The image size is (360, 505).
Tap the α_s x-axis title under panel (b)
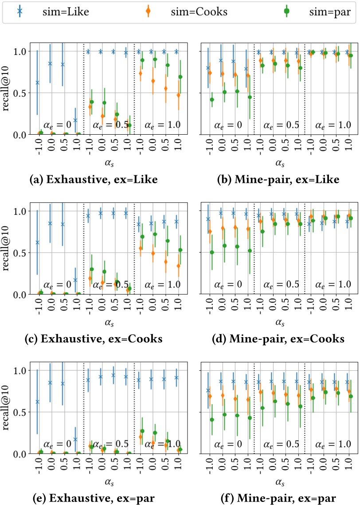pyautogui.click(x=279, y=163)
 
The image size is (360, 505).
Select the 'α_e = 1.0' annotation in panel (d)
pyautogui.click(x=333, y=284)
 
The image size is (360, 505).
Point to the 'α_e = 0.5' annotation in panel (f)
pyautogui.click(x=282, y=444)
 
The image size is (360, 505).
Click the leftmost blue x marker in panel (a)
pyautogui.click(x=37, y=82)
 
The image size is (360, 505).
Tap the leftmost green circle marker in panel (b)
pyautogui.click(x=212, y=99)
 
